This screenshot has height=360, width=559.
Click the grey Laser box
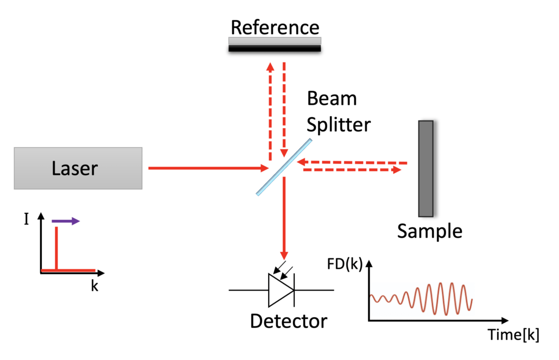(x=78, y=168)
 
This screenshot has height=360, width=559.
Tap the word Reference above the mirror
(x=275, y=27)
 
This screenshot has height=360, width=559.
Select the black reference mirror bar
(x=275, y=48)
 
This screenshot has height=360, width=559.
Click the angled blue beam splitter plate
(x=284, y=167)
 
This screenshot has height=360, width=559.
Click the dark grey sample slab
(x=425, y=168)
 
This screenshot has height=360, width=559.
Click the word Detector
(x=288, y=321)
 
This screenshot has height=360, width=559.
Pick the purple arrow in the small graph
(x=66, y=221)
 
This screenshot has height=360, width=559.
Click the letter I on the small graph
(x=27, y=220)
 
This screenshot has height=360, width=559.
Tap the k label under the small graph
(x=94, y=286)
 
